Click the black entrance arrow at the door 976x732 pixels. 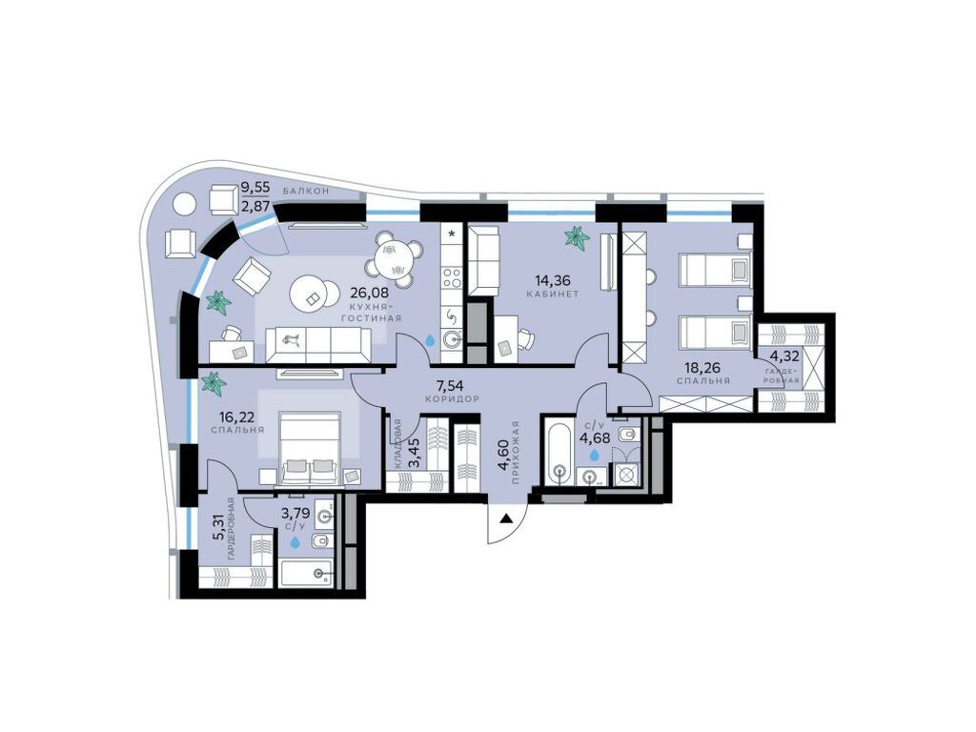(x=507, y=519)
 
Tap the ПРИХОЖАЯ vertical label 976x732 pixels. (x=516, y=453)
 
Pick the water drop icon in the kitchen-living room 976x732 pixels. (x=430, y=338)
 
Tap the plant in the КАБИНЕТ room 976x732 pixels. (x=576, y=237)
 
